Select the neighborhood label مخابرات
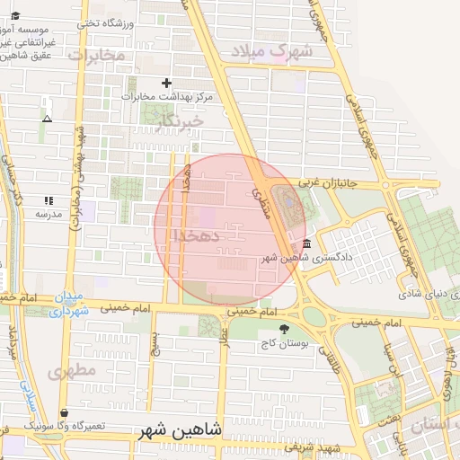(x=94, y=56)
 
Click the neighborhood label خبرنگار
(x=179, y=119)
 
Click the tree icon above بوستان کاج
(x=285, y=329)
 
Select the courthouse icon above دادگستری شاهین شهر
(x=308, y=243)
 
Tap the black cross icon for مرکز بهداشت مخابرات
(x=165, y=84)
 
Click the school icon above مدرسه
(x=48, y=200)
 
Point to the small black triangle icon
(x=47, y=119)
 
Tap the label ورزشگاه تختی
(x=105, y=23)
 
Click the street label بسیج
(x=155, y=345)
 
